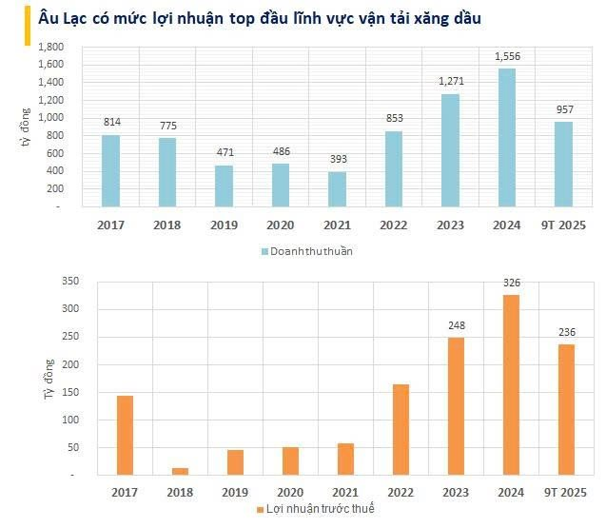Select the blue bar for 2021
(x=338, y=189)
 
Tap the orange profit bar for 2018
(x=180, y=471)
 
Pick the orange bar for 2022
(x=401, y=429)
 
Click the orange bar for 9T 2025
(x=566, y=409)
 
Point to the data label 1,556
(x=507, y=57)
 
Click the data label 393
(x=338, y=159)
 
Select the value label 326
(x=511, y=283)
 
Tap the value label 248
(x=456, y=326)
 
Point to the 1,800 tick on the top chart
(x=50, y=47)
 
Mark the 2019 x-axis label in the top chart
(x=225, y=225)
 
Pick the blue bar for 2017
(x=111, y=170)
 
